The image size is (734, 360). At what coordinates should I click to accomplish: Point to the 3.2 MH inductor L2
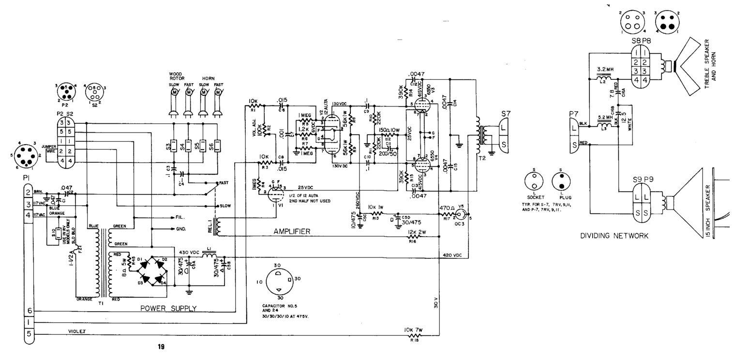tap(603, 78)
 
